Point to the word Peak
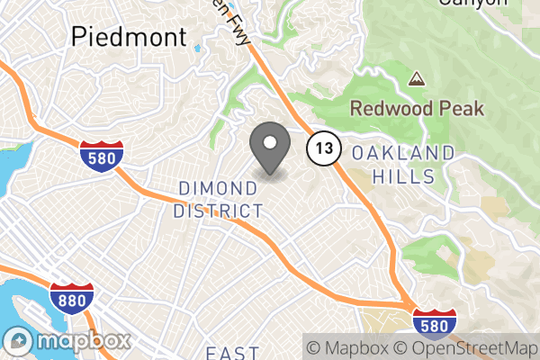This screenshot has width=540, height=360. tap(461, 109)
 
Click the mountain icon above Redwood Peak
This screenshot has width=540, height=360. tap(416, 79)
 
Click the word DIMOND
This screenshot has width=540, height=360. tap(220, 188)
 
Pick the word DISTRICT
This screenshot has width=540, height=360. tap(220, 211)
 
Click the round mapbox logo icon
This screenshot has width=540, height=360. tap(19, 342)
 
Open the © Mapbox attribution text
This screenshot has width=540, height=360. tap(347, 346)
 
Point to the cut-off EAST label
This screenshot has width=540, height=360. tap(231, 353)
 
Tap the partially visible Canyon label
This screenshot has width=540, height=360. tap(472, 4)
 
